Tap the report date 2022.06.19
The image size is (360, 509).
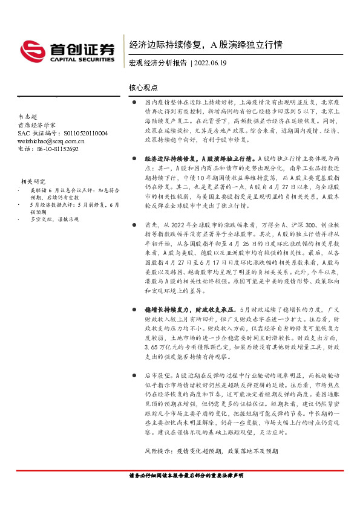click(211, 62)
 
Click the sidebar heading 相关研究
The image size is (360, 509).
click(33, 181)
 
